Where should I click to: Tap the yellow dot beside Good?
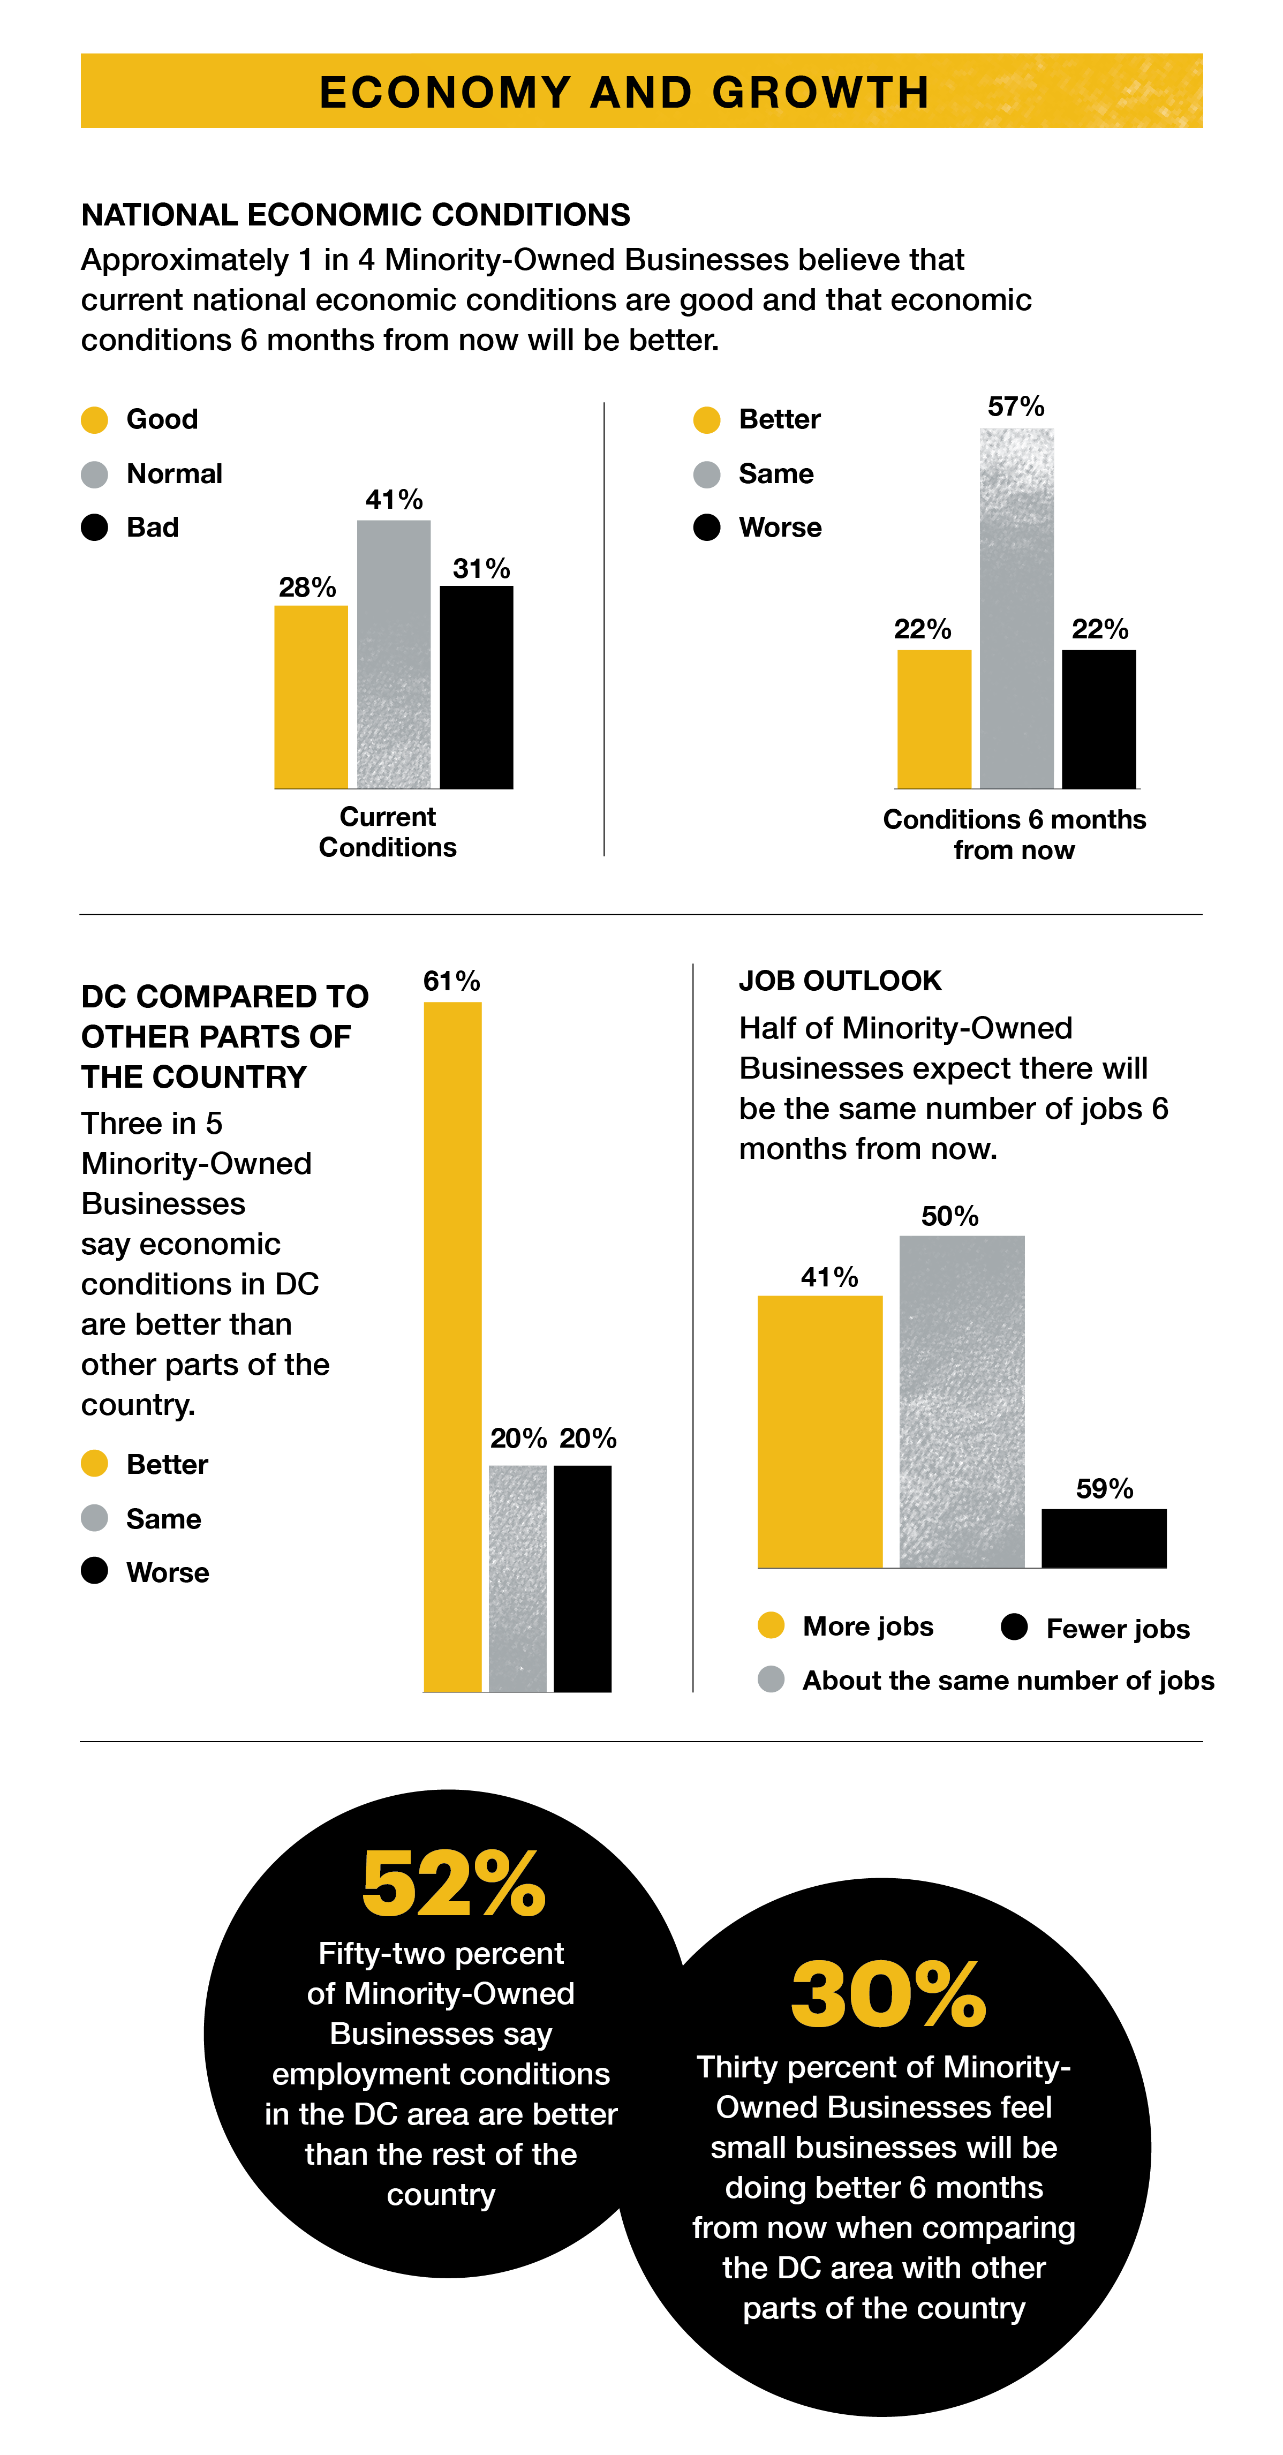point(94,420)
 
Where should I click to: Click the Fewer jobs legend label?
point(1117,1629)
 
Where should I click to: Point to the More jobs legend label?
point(867,1626)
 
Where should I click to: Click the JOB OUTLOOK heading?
point(840,981)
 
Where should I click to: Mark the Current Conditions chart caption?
point(387,832)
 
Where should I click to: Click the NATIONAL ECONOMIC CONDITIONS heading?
point(356,215)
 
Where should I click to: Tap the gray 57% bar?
point(1016,608)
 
